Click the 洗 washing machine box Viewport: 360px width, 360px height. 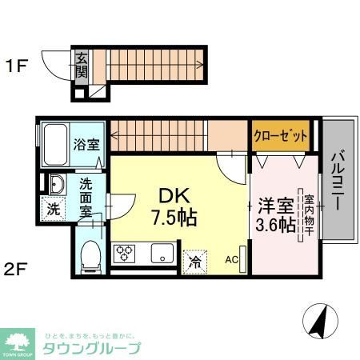52,211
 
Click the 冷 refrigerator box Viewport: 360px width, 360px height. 194,259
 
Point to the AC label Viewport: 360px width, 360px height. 231,259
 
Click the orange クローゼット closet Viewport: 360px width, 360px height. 281,137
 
